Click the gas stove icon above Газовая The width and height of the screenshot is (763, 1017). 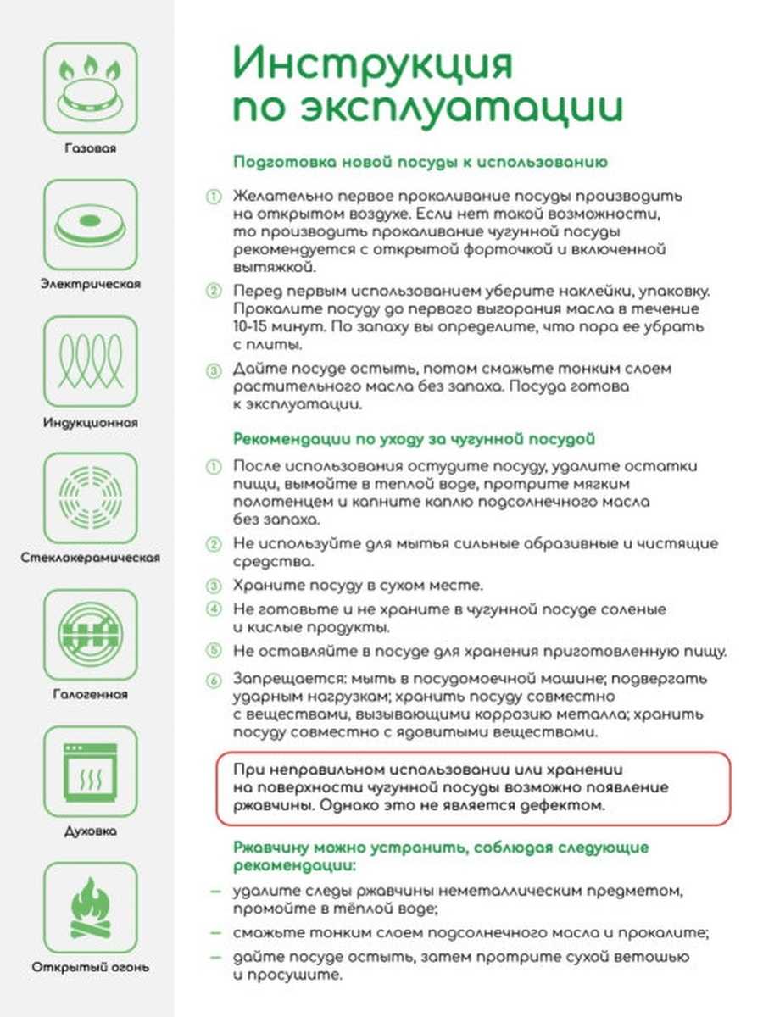click(x=90, y=87)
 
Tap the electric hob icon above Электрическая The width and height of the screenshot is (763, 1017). click(x=90, y=224)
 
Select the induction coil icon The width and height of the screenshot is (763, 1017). click(x=90, y=361)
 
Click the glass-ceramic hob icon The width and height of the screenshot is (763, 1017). click(x=90, y=497)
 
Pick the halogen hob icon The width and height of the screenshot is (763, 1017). click(x=90, y=634)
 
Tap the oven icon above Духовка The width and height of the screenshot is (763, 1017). click(x=90, y=770)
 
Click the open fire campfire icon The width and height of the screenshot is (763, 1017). click(x=90, y=907)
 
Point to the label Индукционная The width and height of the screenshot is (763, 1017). click(x=90, y=421)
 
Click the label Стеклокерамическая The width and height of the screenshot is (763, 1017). click(x=90, y=558)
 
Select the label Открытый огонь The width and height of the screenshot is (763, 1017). click(x=90, y=967)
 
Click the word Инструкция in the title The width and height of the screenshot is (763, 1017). click(x=374, y=66)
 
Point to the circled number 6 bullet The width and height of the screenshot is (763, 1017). click(x=214, y=680)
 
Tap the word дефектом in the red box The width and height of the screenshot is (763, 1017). click(x=565, y=805)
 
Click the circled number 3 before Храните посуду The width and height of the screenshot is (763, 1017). click(x=214, y=586)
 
